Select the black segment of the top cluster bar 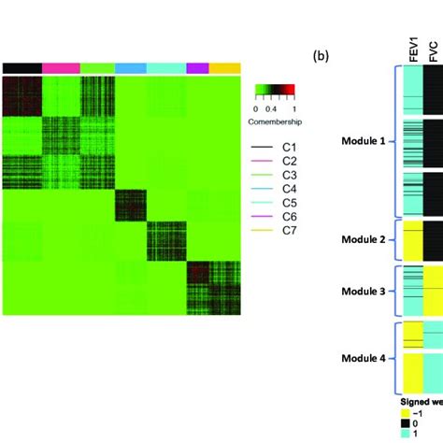21,68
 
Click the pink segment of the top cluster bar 61,68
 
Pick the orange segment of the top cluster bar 224,68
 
